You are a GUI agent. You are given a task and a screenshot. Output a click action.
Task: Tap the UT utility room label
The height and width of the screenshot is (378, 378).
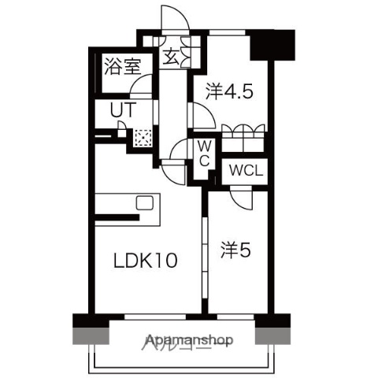(x=121, y=110)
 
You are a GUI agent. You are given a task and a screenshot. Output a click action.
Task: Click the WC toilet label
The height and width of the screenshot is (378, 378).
(x=203, y=153)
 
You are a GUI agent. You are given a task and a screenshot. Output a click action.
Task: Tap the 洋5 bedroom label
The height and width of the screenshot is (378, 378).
(x=235, y=250)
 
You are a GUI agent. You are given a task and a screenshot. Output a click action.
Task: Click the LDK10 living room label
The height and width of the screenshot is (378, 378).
(x=143, y=261)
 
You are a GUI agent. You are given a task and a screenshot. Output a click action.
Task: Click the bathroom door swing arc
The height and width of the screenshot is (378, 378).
(x=142, y=87)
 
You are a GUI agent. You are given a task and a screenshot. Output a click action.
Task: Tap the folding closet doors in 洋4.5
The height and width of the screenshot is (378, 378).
(x=243, y=134)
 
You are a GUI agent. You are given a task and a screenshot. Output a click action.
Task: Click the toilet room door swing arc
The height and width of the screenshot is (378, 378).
(x=180, y=150)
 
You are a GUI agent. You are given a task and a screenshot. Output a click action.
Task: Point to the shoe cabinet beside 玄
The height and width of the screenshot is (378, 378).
(x=189, y=54)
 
